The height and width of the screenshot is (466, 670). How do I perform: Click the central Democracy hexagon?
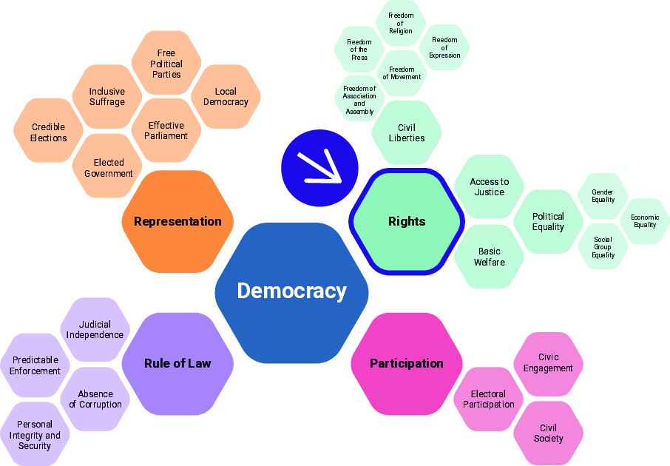pyautogui.click(x=292, y=293)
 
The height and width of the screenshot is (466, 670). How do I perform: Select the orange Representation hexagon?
pyautogui.click(x=177, y=221)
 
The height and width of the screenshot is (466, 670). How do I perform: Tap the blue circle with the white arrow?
pyautogui.click(x=319, y=168)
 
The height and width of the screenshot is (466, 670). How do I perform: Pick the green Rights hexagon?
pyautogui.click(x=407, y=221)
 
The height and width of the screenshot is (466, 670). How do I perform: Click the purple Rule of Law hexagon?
pyautogui.click(x=177, y=364)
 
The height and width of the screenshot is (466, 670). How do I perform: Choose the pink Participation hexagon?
pyautogui.click(x=407, y=364)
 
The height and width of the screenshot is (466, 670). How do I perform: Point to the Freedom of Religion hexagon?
pyautogui.click(x=401, y=23)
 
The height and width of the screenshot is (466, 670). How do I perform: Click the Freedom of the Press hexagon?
pyautogui.click(x=359, y=50)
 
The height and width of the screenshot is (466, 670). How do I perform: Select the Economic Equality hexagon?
pyautogui.click(x=645, y=221)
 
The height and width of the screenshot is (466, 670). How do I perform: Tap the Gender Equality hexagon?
pyautogui.click(x=603, y=196)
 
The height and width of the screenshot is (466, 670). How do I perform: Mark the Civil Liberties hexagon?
pyautogui.click(x=407, y=132)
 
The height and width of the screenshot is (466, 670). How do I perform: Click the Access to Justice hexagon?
pyautogui.click(x=490, y=187)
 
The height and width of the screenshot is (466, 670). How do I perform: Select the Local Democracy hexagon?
pyautogui.click(x=226, y=97)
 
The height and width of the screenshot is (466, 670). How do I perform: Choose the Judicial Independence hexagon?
pyautogui.click(x=95, y=330)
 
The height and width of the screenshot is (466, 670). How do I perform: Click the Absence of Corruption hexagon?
pyautogui.click(x=95, y=399)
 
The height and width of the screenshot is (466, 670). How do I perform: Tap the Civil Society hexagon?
pyautogui.click(x=548, y=433)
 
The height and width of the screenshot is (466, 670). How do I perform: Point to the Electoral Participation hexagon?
pyautogui.click(x=489, y=399)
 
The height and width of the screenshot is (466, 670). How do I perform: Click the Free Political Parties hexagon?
pyautogui.click(x=166, y=63)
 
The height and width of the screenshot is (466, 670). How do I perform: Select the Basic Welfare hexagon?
pyautogui.click(x=490, y=257)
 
